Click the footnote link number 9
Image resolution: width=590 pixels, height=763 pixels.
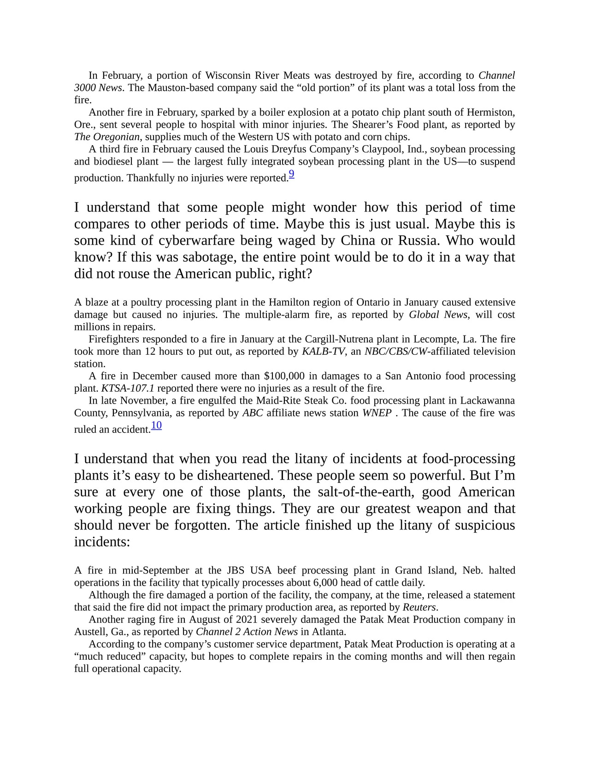tap(291, 174)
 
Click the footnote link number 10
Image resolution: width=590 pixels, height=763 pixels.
tap(156, 425)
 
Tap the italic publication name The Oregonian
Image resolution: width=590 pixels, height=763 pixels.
tap(107, 137)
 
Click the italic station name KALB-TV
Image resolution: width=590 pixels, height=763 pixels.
tap(323, 352)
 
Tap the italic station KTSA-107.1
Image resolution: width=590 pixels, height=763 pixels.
tap(128, 388)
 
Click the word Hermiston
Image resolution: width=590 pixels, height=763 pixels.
tap(490, 112)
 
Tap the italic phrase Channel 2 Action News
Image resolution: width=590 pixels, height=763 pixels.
tap(247, 632)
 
